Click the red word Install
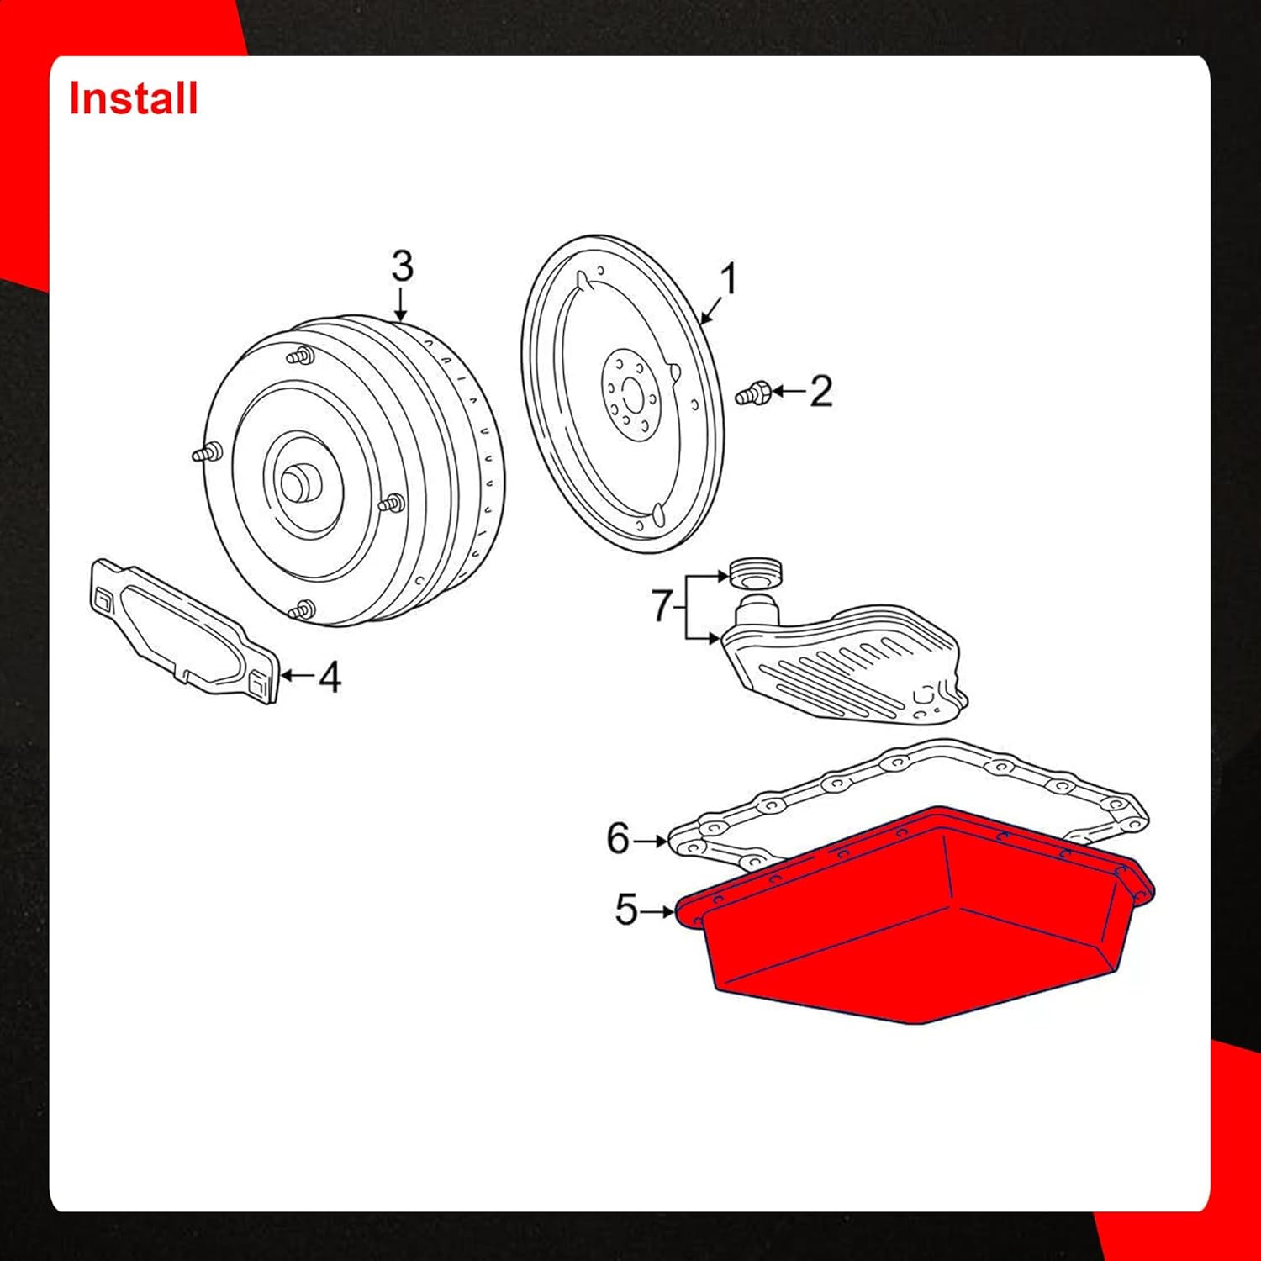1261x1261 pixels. [133, 98]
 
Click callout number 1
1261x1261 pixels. [728, 279]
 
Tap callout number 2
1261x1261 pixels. [821, 392]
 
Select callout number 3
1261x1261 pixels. [402, 266]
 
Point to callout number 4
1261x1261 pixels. [330, 677]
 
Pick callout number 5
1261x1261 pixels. [626, 910]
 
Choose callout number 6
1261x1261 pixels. [618, 839]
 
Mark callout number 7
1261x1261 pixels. [662, 605]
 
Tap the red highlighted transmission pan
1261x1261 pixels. [916, 925]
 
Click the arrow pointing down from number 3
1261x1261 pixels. [401, 304]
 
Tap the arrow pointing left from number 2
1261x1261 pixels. [788, 392]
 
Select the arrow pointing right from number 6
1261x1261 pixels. [651, 840]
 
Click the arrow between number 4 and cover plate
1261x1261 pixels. [297, 675]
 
